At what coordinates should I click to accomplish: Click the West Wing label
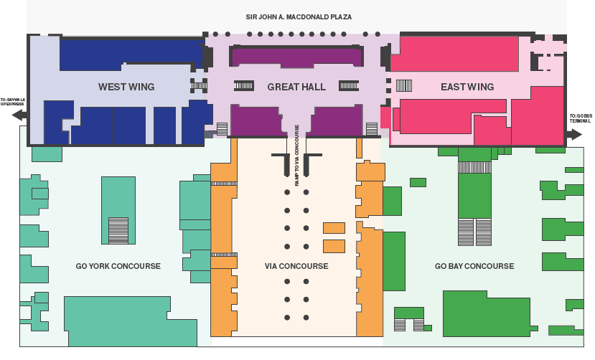[126, 87]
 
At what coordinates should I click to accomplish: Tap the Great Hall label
[296, 87]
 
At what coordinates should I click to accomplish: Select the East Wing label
[467, 87]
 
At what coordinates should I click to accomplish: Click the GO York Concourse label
[118, 266]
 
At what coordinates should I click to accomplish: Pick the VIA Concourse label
[296, 266]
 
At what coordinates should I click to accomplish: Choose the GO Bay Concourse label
[474, 266]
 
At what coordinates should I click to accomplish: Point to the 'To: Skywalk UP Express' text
[12, 101]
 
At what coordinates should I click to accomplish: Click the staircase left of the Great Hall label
[244, 85]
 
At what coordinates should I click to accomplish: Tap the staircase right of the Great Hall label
[349, 85]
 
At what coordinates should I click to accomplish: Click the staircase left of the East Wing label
[404, 85]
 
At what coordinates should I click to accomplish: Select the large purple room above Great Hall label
[296, 55]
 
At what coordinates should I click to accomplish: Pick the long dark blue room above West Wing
[129, 52]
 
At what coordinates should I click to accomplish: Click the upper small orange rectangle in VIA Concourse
[334, 228]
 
